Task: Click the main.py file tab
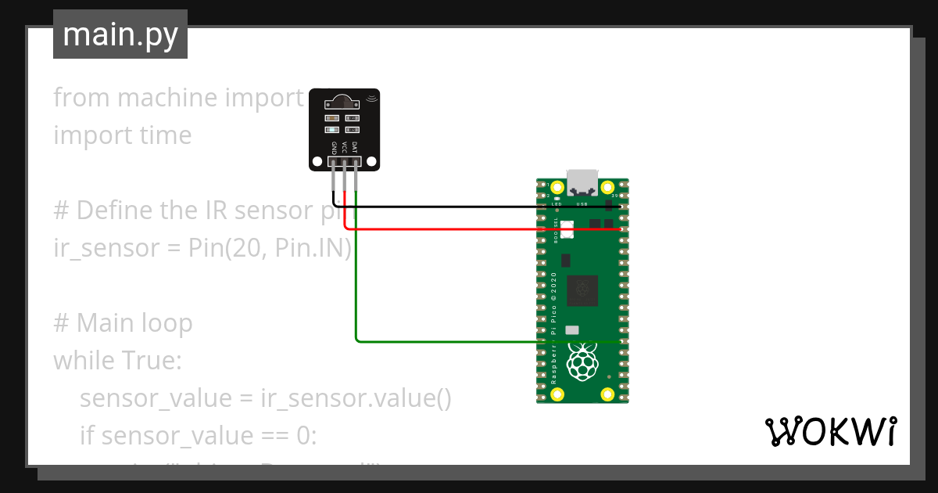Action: pyautogui.click(x=120, y=34)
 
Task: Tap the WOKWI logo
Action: pyautogui.click(x=830, y=431)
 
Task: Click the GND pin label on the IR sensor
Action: pyautogui.click(x=334, y=147)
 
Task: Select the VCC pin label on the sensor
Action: pyautogui.click(x=344, y=147)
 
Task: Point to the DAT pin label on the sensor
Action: pyautogui.click(x=355, y=147)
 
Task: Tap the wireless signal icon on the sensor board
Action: pyautogui.click(x=371, y=98)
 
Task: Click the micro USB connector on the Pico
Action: pyautogui.click(x=582, y=182)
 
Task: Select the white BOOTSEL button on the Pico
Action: pyautogui.click(x=567, y=229)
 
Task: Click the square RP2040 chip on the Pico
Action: pyautogui.click(x=582, y=290)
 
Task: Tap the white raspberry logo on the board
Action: pyautogui.click(x=582, y=362)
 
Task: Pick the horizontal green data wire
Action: pyautogui.click(x=453, y=341)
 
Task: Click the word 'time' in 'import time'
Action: pyautogui.click(x=166, y=135)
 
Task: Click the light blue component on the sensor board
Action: pyautogui.click(x=333, y=129)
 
